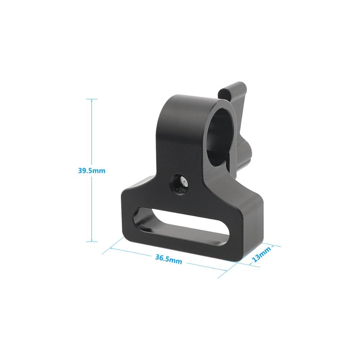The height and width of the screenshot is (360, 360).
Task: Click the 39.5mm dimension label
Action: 91,171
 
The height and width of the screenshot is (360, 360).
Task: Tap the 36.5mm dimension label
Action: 168,258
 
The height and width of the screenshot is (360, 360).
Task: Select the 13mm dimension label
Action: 261,254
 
